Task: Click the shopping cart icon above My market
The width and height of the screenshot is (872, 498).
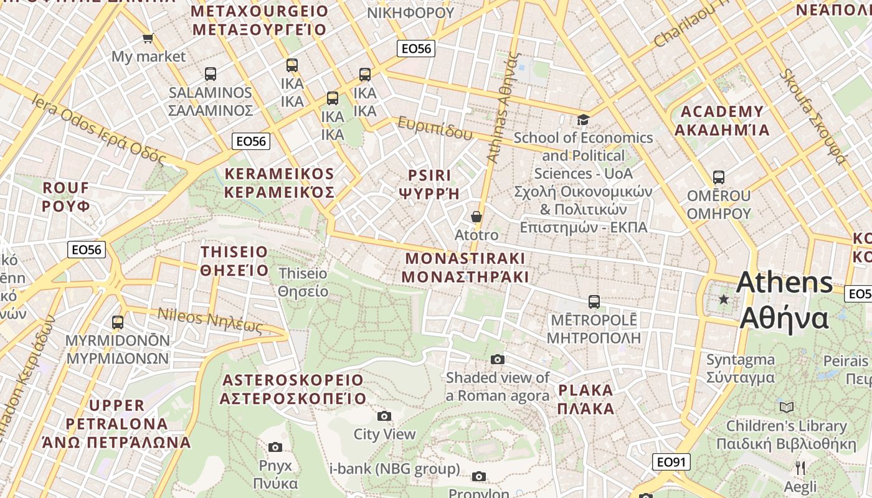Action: click(x=148, y=39)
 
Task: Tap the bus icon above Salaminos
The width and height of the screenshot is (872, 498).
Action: click(x=211, y=74)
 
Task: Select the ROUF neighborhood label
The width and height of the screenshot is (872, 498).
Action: click(x=66, y=196)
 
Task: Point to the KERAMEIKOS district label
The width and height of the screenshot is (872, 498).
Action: click(x=279, y=183)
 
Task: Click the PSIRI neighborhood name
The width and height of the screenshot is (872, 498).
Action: click(x=429, y=184)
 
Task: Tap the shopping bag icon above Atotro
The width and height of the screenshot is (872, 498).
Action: click(x=476, y=217)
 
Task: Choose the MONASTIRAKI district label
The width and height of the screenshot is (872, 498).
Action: click(x=465, y=268)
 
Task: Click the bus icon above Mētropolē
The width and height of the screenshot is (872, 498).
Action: click(x=594, y=302)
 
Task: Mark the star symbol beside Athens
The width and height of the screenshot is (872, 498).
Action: click(x=723, y=299)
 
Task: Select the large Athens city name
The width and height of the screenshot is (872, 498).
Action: click(x=784, y=300)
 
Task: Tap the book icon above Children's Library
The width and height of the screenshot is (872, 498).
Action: click(x=787, y=407)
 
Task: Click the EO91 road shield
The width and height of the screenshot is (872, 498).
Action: click(x=671, y=462)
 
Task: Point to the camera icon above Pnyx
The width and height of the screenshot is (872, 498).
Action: click(x=275, y=447)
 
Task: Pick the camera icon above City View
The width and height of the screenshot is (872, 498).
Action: click(x=384, y=416)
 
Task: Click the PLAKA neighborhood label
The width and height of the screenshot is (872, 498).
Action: click(x=586, y=400)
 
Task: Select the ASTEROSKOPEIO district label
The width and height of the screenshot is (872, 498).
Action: click(x=293, y=389)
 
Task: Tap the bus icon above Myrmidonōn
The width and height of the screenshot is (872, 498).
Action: click(x=118, y=322)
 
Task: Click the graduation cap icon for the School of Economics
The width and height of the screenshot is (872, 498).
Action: click(x=583, y=120)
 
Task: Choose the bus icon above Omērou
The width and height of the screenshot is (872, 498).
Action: click(x=719, y=177)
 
